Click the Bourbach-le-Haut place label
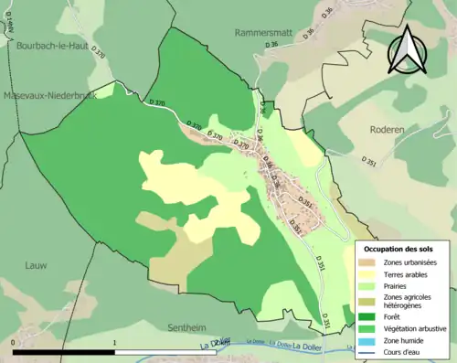tap(51, 43)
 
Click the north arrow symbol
tap(407, 50)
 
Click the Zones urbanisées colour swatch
tap(368, 263)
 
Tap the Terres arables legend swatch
tap(368, 274)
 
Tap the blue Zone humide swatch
tap(368, 338)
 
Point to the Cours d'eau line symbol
tap(368, 349)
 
